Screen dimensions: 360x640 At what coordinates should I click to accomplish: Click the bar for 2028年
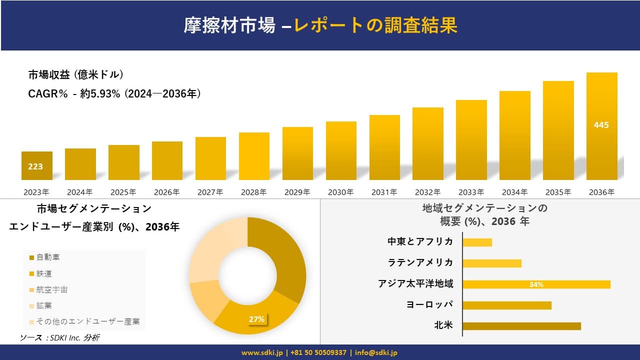254,156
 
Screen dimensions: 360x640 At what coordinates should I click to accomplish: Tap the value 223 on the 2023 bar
35,166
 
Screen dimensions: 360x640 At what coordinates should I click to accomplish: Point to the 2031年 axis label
384,192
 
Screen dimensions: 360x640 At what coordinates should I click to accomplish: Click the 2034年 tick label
514,192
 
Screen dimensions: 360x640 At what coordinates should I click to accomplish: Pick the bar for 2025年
123,162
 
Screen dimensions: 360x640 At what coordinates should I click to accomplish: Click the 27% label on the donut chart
256,319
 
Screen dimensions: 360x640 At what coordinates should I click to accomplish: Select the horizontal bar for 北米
521,326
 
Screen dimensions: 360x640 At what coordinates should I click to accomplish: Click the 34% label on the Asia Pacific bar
536,284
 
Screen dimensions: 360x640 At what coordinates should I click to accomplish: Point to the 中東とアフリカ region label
420,241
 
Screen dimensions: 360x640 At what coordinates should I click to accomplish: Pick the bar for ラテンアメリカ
492,263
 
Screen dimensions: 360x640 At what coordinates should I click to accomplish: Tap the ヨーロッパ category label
430,304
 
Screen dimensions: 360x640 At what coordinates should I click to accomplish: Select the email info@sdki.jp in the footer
376,352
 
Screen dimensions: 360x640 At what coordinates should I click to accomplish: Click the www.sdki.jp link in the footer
262,352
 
